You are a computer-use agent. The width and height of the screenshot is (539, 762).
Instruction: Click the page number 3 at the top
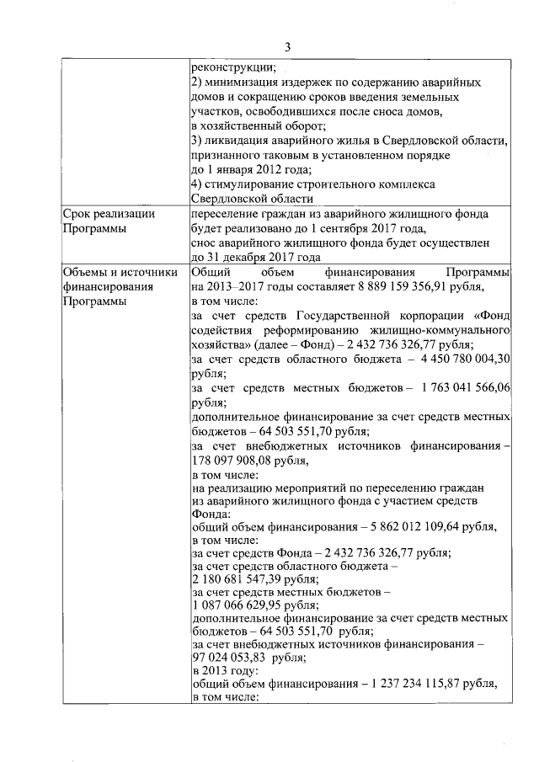287,46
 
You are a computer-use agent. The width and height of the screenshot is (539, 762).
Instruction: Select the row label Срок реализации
109,214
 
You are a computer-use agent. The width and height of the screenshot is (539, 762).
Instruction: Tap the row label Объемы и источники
120,272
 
